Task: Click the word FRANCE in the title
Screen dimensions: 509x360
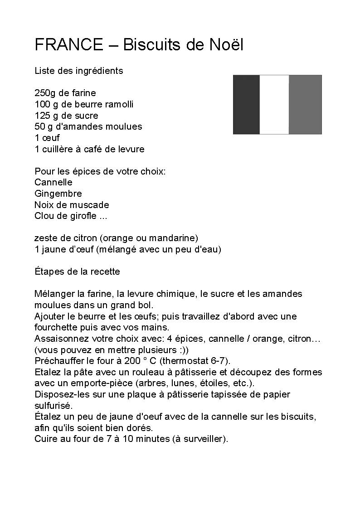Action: pyautogui.click(x=69, y=44)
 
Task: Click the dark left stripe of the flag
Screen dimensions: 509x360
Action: pyautogui.click(x=246, y=105)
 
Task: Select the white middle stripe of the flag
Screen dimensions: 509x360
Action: pyautogui.click(x=274, y=105)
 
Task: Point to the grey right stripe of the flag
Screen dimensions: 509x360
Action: pyautogui.click(x=305, y=105)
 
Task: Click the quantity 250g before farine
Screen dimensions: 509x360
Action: pyautogui.click(x=45, y=93)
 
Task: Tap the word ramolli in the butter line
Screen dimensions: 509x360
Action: pyautogui.click(x=119, y=104)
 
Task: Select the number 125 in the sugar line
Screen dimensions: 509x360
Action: pyautogui.click(x=42, y=116)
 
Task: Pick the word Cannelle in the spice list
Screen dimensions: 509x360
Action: pyautogui.click(x=54, y=182)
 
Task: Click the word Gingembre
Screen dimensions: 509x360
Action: pyautogui.click(x=58, y=194)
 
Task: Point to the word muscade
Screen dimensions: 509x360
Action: pyautogui.click(x=91, y=204)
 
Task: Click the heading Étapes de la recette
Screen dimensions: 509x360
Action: pyautogui.click(x=77, y=271)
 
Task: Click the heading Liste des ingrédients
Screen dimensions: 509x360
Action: pyautogui.click(x=78, y=71)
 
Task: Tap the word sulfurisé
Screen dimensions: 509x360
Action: pyautogui.click(x=53, y=405)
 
